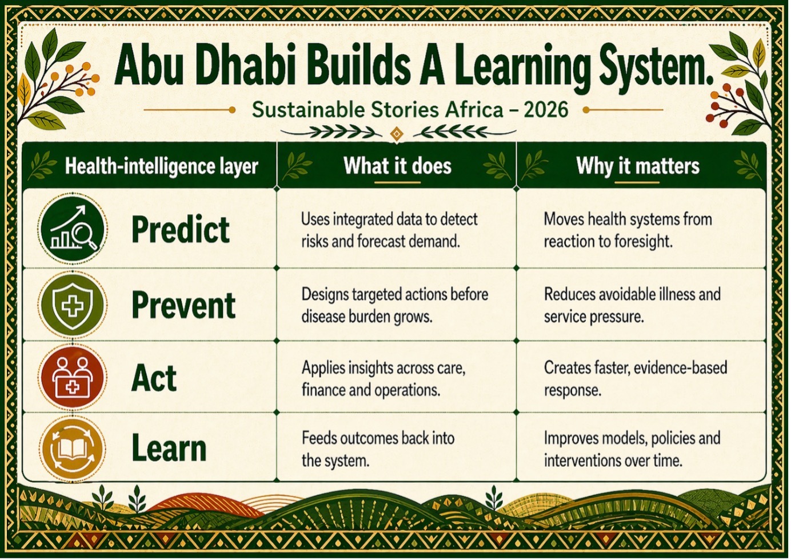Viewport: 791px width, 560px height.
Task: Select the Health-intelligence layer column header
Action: [161, 166]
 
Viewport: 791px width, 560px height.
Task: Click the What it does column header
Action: [397, 166]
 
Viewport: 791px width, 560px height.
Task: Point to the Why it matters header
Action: [638, 166]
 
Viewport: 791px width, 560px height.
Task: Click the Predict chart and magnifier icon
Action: [73, 229]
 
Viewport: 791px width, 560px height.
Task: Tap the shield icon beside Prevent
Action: [73, 305]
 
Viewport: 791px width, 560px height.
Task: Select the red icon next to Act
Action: [73, 377]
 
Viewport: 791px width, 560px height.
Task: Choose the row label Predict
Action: [181, 230]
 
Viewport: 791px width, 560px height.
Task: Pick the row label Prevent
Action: [183, 306]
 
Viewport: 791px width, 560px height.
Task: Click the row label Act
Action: [154, 378]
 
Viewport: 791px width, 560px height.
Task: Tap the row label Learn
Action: [169, 449]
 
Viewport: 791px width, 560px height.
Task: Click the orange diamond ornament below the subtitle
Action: [397, 134]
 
